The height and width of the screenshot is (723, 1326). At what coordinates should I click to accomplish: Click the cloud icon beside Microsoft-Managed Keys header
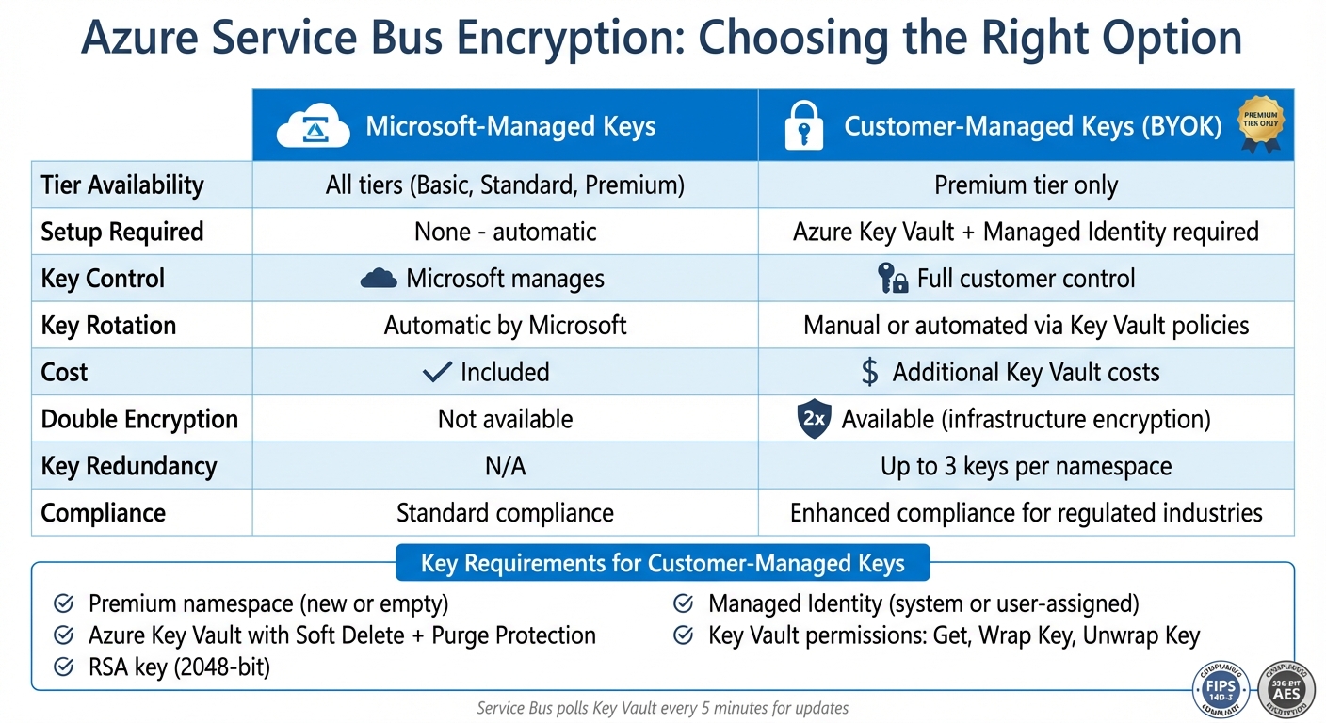pyautogui.click(x=306, y=128)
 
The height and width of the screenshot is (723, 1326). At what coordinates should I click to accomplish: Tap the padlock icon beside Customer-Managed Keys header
pyautogui.click(x=803, y=127)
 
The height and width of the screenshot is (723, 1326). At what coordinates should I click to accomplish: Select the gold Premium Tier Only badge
pyautogui.click(x=1260, y=126)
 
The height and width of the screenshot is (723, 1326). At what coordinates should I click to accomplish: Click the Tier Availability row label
pyautogui.click(x=122, y=185)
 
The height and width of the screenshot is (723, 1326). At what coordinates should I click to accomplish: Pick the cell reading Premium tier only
pyautogui.click(x=1026, y=185)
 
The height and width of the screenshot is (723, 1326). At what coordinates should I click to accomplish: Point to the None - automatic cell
pyautogui.click(x=505, y=232)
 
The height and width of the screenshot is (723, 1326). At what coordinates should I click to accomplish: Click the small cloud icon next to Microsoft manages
pyautogui.click(x=379, y=279)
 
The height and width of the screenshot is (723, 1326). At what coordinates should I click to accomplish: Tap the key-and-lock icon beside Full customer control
pyautogui.click(x=891, y=279)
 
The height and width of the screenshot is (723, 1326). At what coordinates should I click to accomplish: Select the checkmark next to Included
pyautogui.click(x=437, y=372)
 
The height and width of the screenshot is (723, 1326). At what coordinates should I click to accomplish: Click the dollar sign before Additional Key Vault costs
pyautogui.click(x=870, y=373)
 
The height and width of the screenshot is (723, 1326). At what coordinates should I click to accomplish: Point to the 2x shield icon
pyautogui.click(x=814, y=420)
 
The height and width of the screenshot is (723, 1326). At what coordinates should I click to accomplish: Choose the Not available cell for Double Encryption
pyautogui.click(x=505, y=419)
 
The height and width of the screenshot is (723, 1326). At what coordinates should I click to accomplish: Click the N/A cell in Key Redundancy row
pyautogui.click(x=505, y=466)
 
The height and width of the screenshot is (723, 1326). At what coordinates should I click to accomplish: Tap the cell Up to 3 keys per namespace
pyautogui.click(x=1026, y=466)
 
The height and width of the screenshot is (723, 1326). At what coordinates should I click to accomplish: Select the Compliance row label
pyautogui.click(x=104, y=513)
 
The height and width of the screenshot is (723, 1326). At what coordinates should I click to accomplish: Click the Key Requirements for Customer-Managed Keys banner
pyautogui.click(x=662, y=563)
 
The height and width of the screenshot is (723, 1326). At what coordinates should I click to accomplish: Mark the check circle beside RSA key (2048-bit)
pyautogui.click(x=64, y=667)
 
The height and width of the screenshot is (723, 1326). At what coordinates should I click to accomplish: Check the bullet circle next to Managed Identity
pyautogui.click(x=685, y=603)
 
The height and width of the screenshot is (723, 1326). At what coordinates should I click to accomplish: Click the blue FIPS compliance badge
pyautogui.click(x=1221, y=689)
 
